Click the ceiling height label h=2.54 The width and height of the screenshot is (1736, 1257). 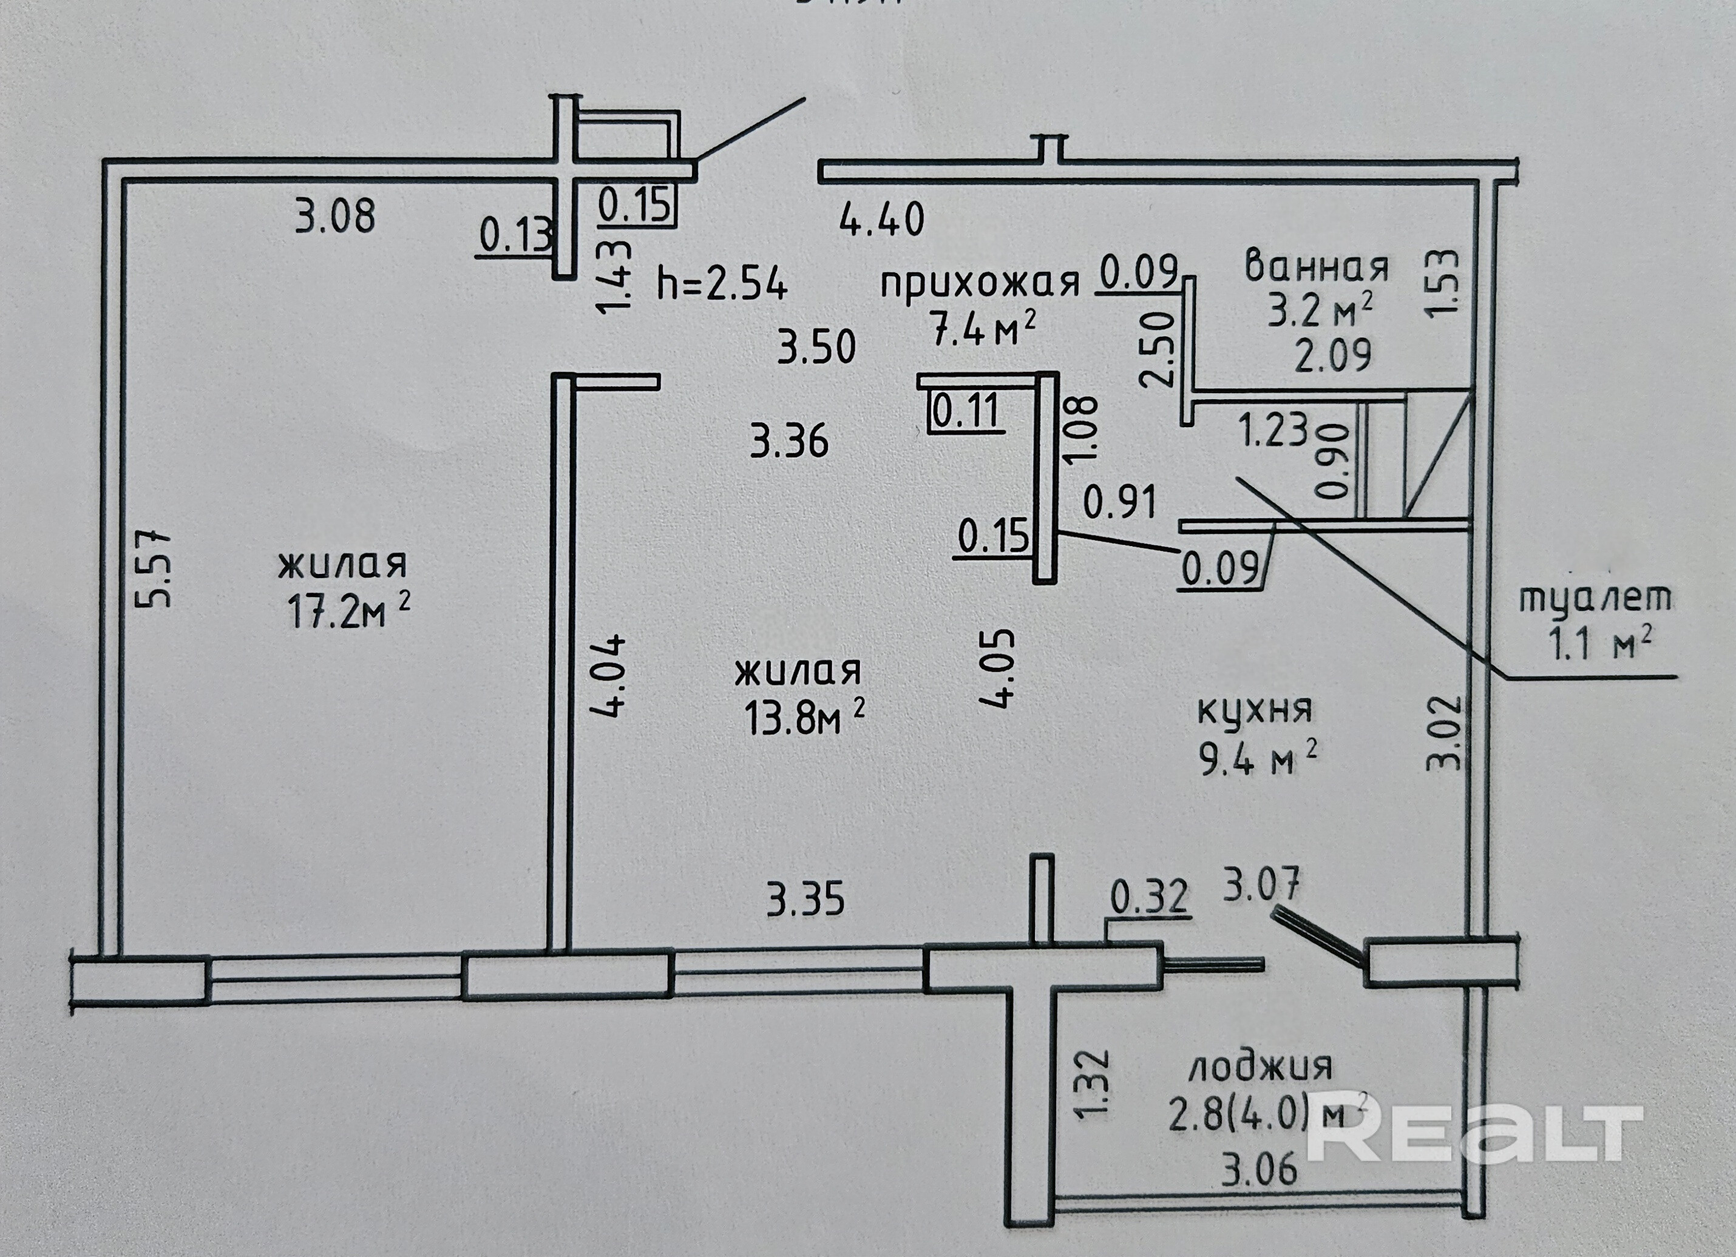point(722,285)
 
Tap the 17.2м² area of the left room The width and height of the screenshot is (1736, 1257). point(348,612)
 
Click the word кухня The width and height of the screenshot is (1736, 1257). point(1255,709)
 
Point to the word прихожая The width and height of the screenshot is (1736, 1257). point(980,283)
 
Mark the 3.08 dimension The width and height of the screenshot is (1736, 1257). point(335,216)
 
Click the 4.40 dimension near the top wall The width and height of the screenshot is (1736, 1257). point(882,220)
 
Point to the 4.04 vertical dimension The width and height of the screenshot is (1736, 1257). point(609,675)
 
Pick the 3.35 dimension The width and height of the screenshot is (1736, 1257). point(805,900)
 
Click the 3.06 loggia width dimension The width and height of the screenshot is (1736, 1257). point(1259,1170)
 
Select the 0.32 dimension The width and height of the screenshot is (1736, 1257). point(1149,897)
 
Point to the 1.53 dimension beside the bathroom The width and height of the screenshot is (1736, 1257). point(1442,281)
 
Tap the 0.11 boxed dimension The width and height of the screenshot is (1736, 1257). point(966,411)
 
